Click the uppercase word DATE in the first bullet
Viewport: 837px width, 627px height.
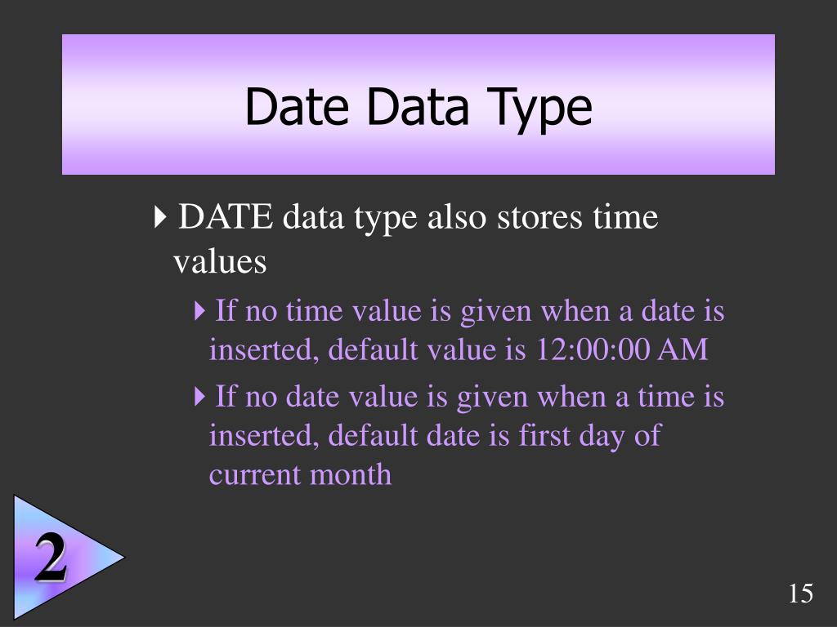(226, 218)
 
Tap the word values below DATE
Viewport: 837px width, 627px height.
(220, 261)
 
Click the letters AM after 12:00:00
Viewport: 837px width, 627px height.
(683, 350)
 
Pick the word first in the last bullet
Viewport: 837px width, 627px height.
(544, 435)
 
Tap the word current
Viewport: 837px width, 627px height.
(256, 474)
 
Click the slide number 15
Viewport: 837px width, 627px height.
(801, 594)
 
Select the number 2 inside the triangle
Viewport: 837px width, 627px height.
(51, 560)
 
